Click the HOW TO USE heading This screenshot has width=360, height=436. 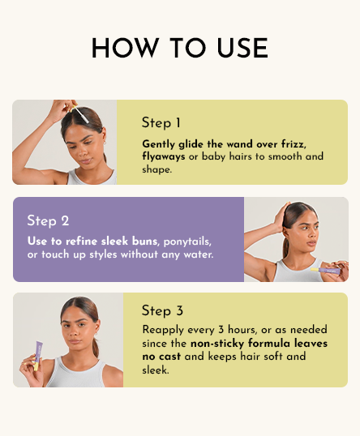coord(179,48)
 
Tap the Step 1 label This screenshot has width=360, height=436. coord(161,123)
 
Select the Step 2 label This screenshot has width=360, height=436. coord(48,220)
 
